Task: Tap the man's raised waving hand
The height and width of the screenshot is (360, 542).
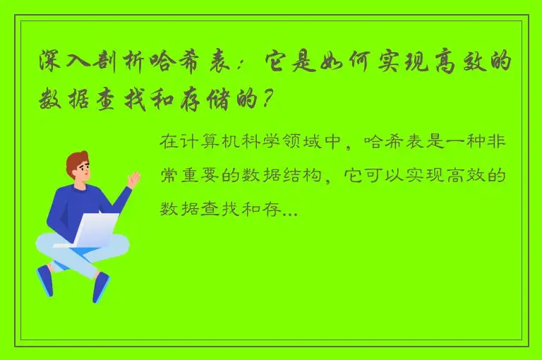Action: (x=133, y=180)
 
